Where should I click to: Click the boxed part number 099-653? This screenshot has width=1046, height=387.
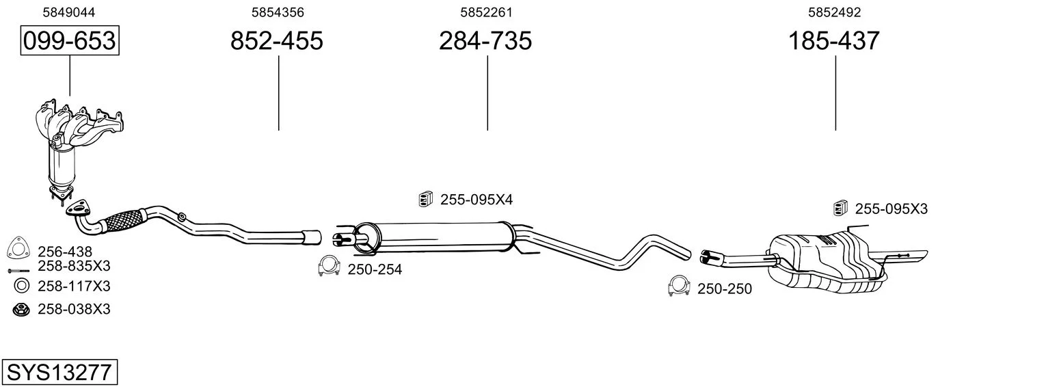tap(70, 40)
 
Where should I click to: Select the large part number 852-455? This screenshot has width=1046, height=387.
tap(276, 40)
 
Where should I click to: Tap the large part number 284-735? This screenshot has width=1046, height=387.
tap(485, 40)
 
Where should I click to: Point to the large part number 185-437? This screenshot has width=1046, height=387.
tap(834, 40)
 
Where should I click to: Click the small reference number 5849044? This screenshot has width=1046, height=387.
tap(68, 12)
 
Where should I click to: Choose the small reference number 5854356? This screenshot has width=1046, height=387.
tap(278, 12)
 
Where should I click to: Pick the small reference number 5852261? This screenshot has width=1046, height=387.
tap(486, 12)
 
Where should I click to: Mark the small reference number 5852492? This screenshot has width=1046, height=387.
tap(835, 12)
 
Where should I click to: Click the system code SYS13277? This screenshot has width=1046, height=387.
tap(59, 372)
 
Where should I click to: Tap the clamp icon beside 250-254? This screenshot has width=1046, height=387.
tap(329, 265)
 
